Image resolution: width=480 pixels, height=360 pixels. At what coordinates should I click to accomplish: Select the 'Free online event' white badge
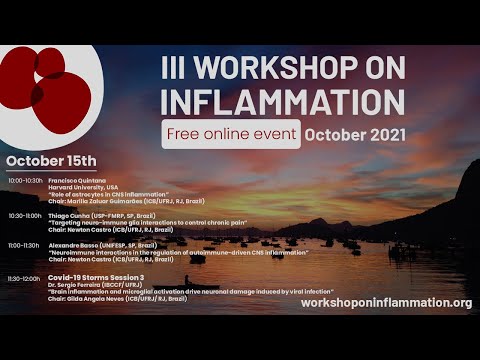pyautogui.click(x=231, y=133)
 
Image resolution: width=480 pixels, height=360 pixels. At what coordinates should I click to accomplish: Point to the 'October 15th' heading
pyautogui.click(x=51, y=161)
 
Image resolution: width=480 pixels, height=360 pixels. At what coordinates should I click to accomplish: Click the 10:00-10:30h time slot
pyautogui.click(x=25, y=181)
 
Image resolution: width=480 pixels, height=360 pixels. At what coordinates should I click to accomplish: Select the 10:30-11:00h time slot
pyautogui.click(x=25, y=215)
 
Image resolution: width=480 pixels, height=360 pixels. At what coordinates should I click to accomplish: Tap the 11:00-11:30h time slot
pyautogui.click(x=25, y=245)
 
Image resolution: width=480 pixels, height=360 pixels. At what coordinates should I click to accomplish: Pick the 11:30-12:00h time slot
pyautogui.click(x=25, y=278)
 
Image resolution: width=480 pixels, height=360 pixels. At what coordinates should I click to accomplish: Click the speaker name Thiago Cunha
pyautogui.click(x=71, y=215)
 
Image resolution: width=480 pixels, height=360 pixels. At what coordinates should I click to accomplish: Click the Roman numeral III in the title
pyautogui.click(x=177, y=67)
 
